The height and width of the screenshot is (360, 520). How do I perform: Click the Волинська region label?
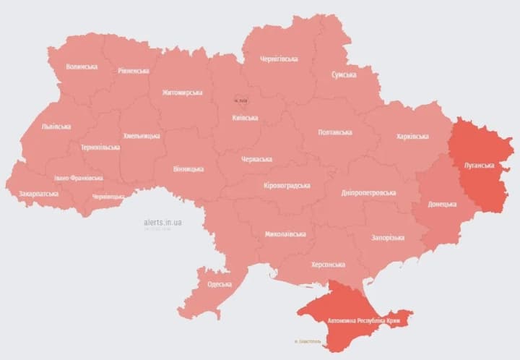pos(82,67)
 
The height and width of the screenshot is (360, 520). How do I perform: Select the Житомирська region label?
pos(182,93)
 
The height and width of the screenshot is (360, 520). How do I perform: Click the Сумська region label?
pos(343,74)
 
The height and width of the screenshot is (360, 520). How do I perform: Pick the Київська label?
pos(245,118)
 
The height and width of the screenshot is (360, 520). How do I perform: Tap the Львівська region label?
pos(56,127)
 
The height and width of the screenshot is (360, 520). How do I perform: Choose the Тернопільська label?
pos(100,147)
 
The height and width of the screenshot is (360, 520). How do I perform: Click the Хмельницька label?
pos(142,136)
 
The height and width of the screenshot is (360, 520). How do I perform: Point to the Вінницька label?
pos(188,169)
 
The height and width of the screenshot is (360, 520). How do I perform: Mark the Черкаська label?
pos(256,158)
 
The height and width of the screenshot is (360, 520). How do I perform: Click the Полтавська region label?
pos(335,132)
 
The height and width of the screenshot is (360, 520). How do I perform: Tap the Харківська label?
pos(412,137)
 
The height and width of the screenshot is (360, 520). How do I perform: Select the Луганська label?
pos(478,166)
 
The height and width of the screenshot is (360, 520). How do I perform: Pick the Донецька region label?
pos(442,204)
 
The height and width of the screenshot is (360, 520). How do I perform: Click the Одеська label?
pos(220,284)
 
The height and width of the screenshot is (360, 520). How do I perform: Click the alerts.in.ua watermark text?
pos(162,222)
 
